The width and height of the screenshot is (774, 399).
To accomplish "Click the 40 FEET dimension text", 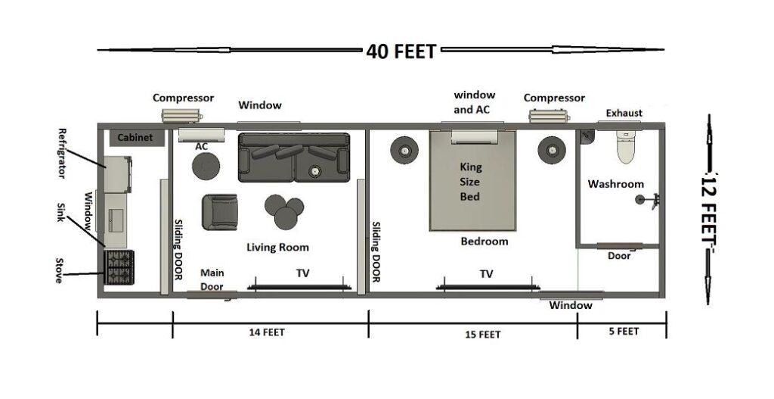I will pyautogui.click(x=401, y=51).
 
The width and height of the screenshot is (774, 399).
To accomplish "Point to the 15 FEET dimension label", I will pyautogui.click(x=479, y=334).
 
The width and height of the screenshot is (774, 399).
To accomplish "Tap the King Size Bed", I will pyautogui.click(x=473, y=182).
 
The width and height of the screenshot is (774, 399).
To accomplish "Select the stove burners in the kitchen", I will pyautogui.click(x=119, y=267).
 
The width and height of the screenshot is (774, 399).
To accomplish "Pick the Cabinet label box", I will pyautogui.click(x=135, y=138).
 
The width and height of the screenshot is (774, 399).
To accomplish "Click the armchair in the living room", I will pyautogui.click(x=220, y=212).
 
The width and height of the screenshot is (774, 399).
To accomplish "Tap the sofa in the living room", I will pyautogui.click(x=294, y=157).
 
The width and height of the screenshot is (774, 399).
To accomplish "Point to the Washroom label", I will pyautogui.click(x=616, y=184).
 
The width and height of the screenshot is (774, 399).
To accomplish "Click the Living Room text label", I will pyautogui.click(x=277, y=247).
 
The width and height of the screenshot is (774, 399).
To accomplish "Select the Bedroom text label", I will pyautogui.click(x=485, y=242).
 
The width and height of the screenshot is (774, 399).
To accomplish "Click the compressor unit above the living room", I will pyautogui.click(x=181, y=114).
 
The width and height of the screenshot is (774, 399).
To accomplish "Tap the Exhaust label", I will pyautogui.click(x=624, y=114).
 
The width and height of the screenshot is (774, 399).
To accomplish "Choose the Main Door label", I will pyautogui.click(x=212, y=278).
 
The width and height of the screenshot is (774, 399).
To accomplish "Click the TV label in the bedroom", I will pyautogui.click(x=486, y=274).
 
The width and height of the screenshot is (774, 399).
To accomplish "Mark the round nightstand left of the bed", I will pyautogui.click(x=405, y=151).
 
